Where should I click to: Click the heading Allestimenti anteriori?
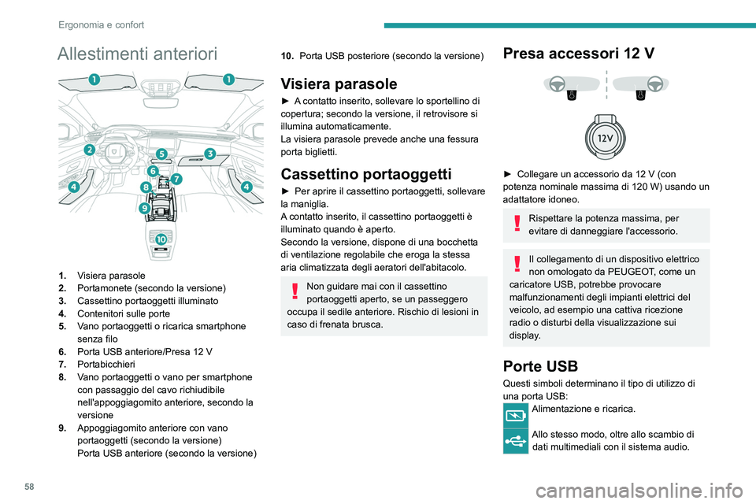(x=137, y=54)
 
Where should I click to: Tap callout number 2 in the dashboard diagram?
(x=90, y=150)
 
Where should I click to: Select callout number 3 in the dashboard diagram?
(x=210, y=153)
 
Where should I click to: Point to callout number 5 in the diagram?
(x=161, y=154)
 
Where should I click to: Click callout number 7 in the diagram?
(x=176, y=180)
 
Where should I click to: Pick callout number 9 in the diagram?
(x=144, y=208)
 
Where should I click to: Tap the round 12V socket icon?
(x=606, y=139)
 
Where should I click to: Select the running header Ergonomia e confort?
(x=101, y=24)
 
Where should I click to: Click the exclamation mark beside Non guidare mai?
(x=293, y=292)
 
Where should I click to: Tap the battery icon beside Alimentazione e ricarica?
(x=517, y=414)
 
